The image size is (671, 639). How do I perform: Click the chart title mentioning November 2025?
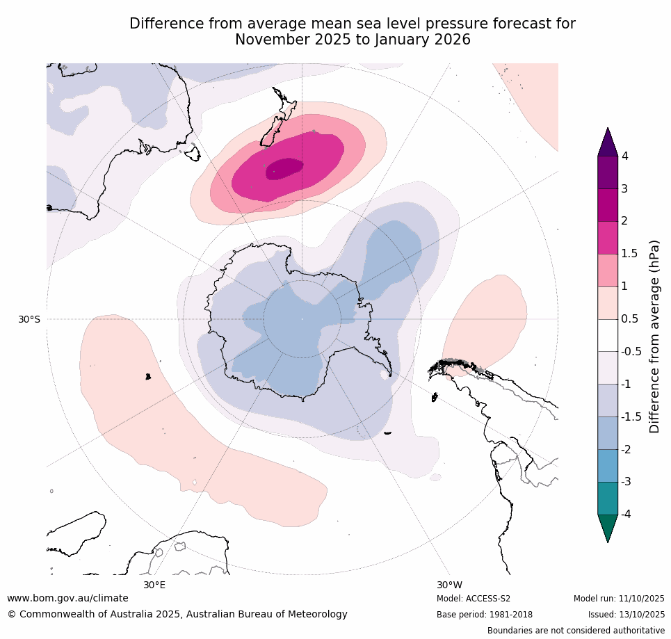[353, 32]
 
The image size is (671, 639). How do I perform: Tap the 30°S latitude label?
[29, 319]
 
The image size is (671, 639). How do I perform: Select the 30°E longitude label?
[154, 585]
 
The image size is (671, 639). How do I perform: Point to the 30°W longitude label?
[449, 585]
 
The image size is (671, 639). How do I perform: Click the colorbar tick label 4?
[625, 156]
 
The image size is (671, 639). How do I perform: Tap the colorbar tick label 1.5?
[630, 254]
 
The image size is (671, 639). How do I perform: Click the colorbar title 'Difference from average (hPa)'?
[654, 337]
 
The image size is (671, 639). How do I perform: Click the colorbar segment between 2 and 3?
[608, 205]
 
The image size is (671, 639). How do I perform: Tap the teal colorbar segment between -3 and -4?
[608, 498]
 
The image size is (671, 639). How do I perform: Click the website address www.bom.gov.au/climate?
[67, 598]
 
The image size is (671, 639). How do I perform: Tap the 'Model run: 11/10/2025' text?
[619, 599]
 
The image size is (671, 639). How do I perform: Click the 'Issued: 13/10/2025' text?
[626, 615]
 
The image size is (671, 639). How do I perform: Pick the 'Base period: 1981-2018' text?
[484, 615]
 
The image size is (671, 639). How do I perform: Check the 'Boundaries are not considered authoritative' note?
[576, 631]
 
